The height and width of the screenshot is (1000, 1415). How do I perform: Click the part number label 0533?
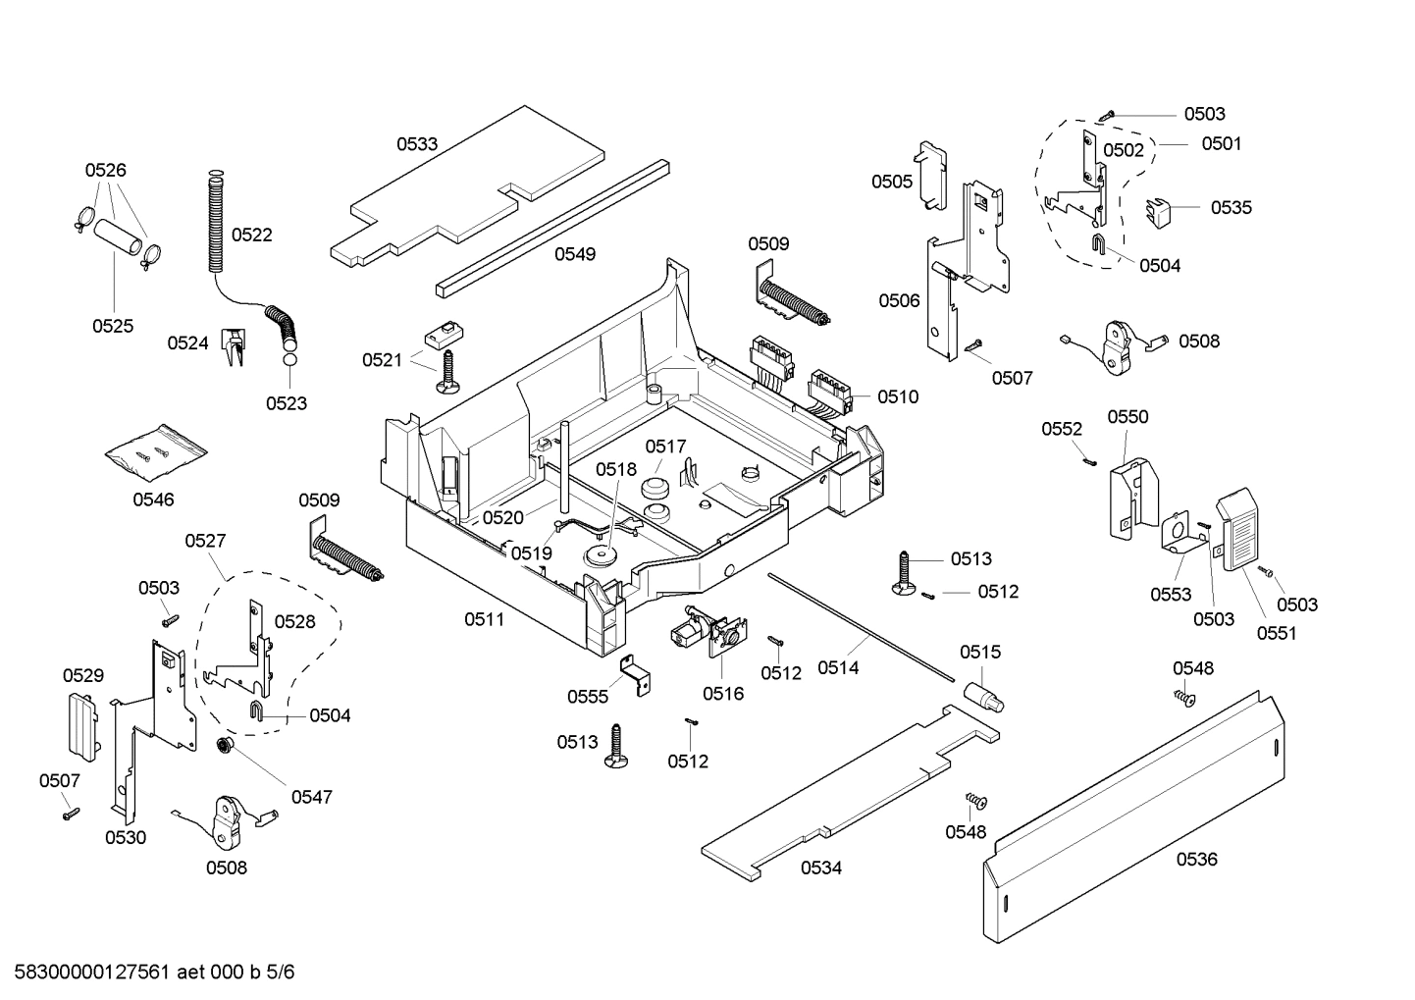417,144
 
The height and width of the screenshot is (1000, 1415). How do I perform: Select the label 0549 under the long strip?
575,254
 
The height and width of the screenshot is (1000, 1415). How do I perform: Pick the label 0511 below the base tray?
484,619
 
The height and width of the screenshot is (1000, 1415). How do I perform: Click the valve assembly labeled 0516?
707,633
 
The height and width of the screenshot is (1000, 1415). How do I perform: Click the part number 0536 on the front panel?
1196,860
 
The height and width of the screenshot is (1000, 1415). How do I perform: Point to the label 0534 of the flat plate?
820,868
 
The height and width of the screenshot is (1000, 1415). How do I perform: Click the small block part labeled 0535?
1160,210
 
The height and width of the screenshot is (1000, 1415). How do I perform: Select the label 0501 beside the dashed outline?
1221,144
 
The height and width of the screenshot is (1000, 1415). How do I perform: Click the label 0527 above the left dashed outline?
205,541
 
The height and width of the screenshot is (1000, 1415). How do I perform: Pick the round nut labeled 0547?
225,748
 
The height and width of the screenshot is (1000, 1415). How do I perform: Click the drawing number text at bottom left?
148,973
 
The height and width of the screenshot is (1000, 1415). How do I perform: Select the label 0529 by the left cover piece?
83,675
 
